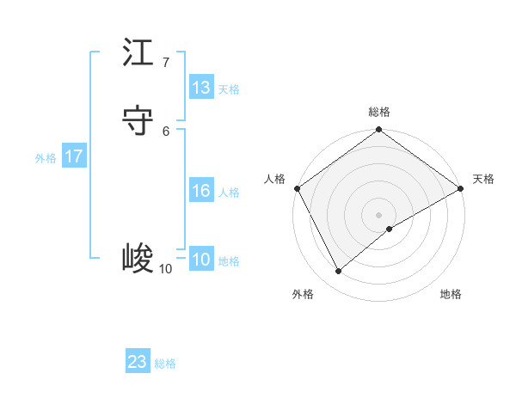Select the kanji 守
click(138, 120)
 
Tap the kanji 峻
click(138, 258)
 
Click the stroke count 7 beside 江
click(166, 63)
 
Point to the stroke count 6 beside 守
click(166, 131)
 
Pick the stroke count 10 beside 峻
click(165, 269)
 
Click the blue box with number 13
click(201, 88)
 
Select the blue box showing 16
click(201, 191)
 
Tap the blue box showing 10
click(201, 260)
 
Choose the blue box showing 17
click(74, 156)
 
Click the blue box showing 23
click(138, 362)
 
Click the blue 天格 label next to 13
click(229, 89)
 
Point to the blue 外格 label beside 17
click(46, 158)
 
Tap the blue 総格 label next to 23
click(165, 364)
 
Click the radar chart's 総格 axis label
click(379, 113)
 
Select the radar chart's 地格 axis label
click(451, 294)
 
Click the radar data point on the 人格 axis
click(297, 188)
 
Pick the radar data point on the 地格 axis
click(390, 229)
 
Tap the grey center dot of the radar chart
click(379, 214)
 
